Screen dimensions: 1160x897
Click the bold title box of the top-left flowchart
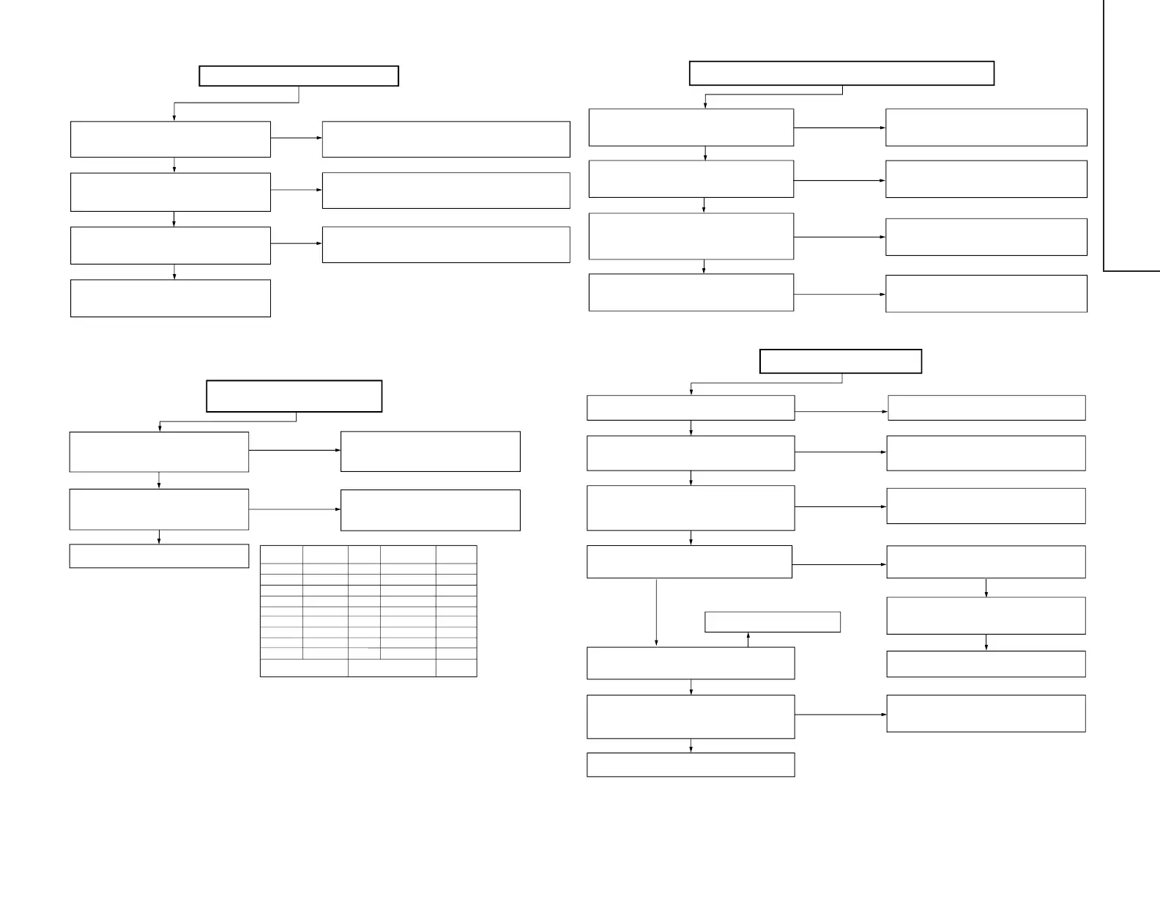point(299,76)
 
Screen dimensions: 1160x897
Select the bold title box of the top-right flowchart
point(841,73)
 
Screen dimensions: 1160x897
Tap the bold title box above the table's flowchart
point(294,396)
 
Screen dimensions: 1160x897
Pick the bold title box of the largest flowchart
point(841,361)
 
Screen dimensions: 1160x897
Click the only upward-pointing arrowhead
point(748,635)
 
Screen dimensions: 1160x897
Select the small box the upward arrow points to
point(772,622)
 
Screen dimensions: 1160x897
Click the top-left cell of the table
point(281,554)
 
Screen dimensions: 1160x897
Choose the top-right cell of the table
point(456,554)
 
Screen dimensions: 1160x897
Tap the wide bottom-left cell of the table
point(304,668)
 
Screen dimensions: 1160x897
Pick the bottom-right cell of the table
point(456,668)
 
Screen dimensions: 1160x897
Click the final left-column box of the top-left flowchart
point(171,298)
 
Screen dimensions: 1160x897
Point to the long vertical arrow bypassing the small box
point(656,612)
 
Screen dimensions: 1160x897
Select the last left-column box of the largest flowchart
point(691,764)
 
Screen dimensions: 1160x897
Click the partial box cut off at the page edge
point(1131,136)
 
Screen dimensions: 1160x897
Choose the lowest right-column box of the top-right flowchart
point(986,294)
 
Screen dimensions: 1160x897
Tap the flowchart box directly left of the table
point(159,555)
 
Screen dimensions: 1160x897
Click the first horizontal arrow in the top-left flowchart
point(296,138)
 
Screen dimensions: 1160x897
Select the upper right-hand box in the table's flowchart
point(431,451)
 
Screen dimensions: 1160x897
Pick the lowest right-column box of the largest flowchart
point(986,714)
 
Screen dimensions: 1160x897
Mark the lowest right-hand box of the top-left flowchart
point(446,245)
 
